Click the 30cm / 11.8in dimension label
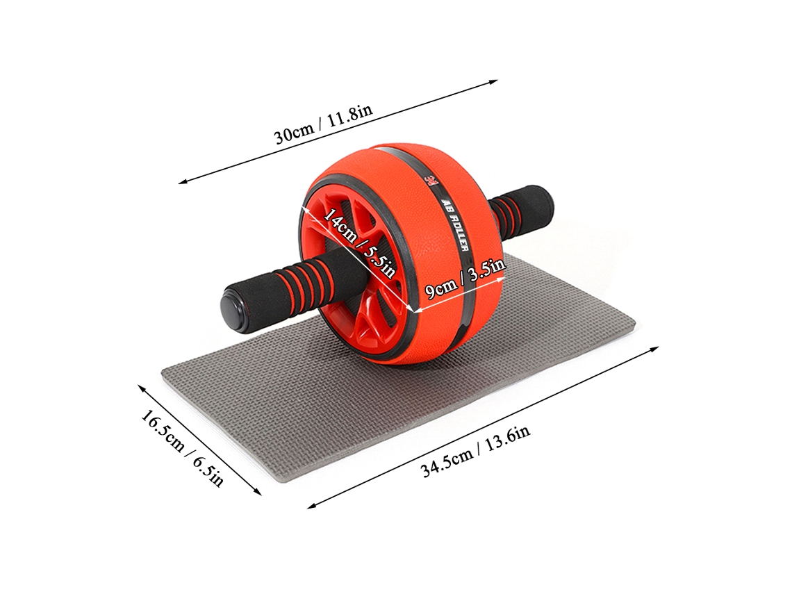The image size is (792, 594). click(323, 124)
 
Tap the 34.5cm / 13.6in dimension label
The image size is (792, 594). click(475, 451)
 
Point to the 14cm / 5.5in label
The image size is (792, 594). click(359, 241)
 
